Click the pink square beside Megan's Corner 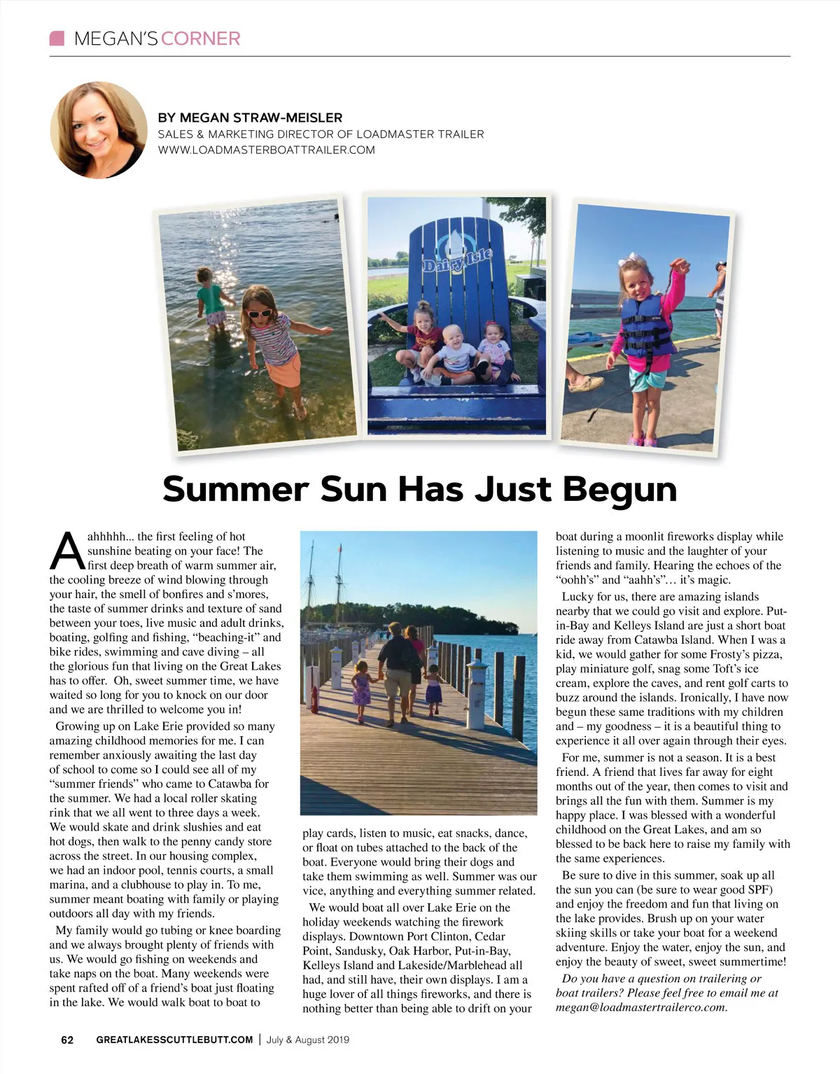point(57,38)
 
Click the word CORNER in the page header point(200,38)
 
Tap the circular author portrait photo point(99,131)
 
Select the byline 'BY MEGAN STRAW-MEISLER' point(250,118)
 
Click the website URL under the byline point(266,150)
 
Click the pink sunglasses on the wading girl point(260,313)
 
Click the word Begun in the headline point(619,488)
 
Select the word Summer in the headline point(236,488)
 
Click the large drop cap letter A point(67,551)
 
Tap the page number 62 point(67,1040)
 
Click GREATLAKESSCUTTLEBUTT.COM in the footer point(174,1040)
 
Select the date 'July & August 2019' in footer point(308,1040)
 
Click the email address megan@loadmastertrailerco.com point(641,1008)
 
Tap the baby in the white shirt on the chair point(458,353)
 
